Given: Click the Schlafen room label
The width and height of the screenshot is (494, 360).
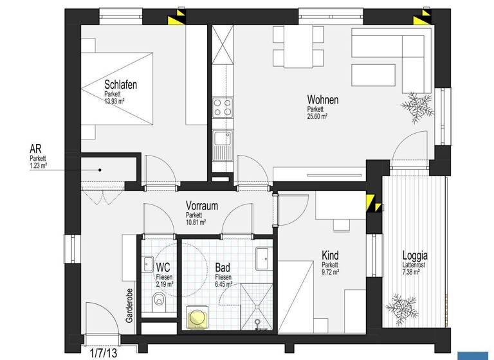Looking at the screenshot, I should (121, 84).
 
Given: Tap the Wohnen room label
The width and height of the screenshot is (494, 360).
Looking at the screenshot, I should (322, 100).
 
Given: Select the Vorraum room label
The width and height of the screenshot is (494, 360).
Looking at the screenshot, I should (202, 206).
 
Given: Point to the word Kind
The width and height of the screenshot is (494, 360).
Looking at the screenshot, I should (330, 256).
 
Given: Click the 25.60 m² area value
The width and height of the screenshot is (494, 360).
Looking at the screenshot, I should (317, 116).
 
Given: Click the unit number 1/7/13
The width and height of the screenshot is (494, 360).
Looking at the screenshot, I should (103, 353).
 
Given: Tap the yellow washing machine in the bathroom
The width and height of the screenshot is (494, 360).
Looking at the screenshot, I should (196, 318).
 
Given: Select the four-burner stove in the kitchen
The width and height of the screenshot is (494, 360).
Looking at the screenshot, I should (223, 106).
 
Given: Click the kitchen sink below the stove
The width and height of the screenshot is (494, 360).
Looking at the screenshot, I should (223, 143).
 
